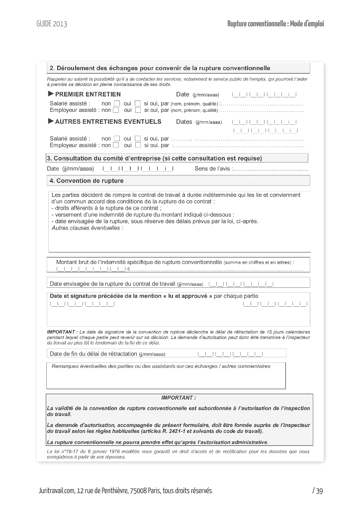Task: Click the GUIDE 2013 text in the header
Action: pyautogui.click(x=52, y=24)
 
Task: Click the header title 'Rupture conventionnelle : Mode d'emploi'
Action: pyautogui.click(x=275, y=24)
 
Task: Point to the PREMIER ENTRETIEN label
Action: pyautogui.click(x=88, y=94)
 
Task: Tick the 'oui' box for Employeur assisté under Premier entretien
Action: pyautogui.click(x=138, y=110)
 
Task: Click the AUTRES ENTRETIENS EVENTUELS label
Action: pyautogui.click(x=108, y=121)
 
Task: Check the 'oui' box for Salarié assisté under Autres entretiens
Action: pyautogui.click(x=138, y=139)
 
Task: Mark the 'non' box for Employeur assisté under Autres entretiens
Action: pyautogui.click(x=116, y=145)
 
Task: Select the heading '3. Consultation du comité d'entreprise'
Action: pyautogui.click(x=154, y=159)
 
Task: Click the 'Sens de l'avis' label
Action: pyautogui.click(x=213, y=169)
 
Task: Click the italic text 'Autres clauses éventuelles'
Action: pyautogui.click(x=87, y=228)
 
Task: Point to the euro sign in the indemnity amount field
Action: pyautogui.click(x=129, y=270)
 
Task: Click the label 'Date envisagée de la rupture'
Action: pyautogui.click(x=113, y=284)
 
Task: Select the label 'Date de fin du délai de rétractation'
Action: pyautogui.click(x=93, y=354)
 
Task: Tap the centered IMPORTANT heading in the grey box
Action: pyautogui.click(x=179, y=398)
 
